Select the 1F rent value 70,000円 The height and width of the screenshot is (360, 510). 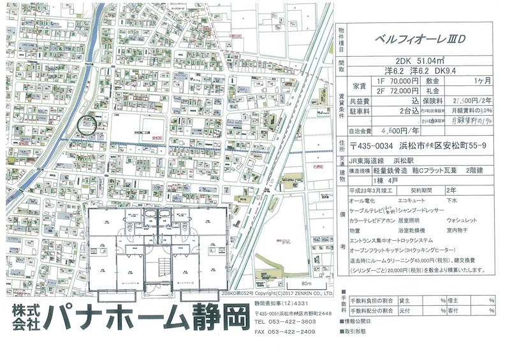[398, 82]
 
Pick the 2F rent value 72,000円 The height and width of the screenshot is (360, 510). [398, 91]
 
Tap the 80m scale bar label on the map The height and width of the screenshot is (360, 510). [307, 282]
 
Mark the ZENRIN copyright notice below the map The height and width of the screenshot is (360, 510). [293, 294]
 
